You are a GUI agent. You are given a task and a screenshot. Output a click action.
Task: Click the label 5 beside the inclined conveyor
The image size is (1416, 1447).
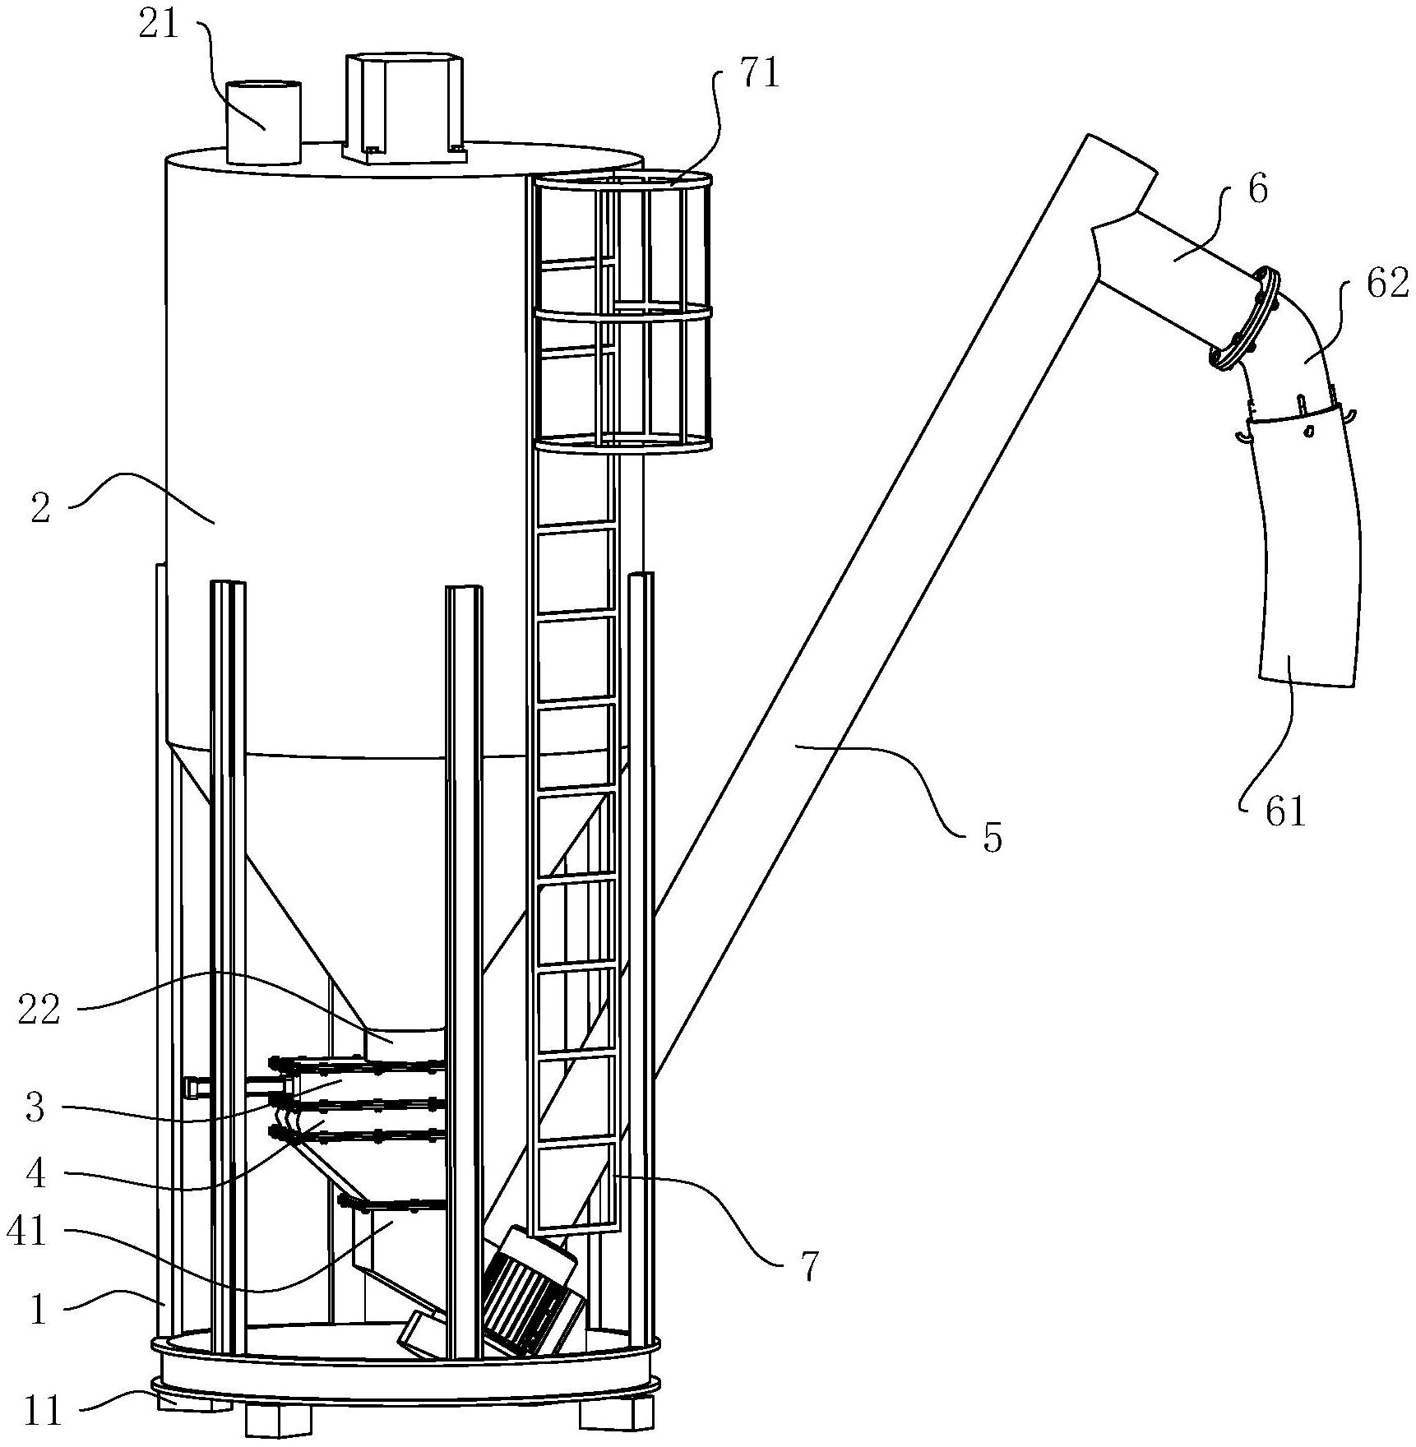[x=993, y=839]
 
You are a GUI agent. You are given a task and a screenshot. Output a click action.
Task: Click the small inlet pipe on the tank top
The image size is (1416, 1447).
[x=263, y=123]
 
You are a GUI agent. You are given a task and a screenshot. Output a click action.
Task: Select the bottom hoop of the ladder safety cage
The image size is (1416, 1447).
[x=622, y=444]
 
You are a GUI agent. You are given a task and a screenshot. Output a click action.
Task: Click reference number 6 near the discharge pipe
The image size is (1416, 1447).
[x=1258, y=190]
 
